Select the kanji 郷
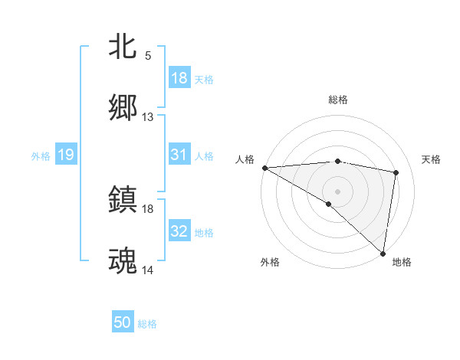tap(123, 107)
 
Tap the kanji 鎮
tap(123, 199)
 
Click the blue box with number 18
tap(179, 78)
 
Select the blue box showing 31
tap(179, 155)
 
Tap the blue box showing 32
tap(179, 231)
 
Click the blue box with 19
tap(66, 155)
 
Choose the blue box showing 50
tap(123, 322)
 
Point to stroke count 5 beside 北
tap(148, 56)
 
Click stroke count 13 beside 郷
tap(148, 117)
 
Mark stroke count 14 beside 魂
tap(148, 270)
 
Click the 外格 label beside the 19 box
tap(41, 156)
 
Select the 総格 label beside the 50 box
tap(147, 324)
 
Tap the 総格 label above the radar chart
tap(338, 100)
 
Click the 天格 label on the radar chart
tap(432, 159)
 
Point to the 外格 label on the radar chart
tap(270, 262)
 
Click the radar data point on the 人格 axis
tap(264, 168)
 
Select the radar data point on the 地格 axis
tap(383, 253)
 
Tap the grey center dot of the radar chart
tap(337, 190)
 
